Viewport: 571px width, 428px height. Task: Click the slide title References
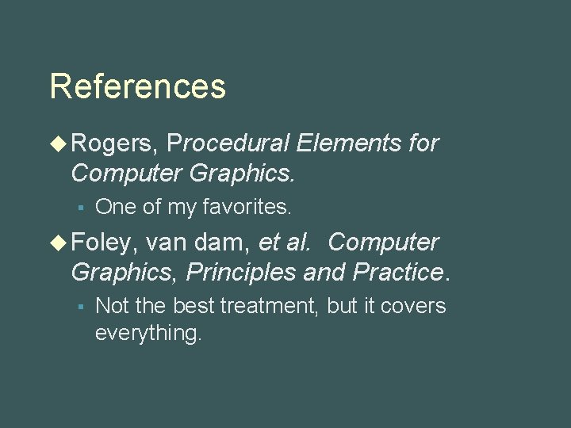click(137, 86)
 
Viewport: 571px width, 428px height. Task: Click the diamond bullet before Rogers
click(58, 143)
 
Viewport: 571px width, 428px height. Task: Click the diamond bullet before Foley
click(58, 242)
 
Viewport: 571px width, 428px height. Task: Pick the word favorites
click(247, 208)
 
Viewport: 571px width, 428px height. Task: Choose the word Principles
click(242, 272)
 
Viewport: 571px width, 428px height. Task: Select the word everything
click(148, 334)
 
